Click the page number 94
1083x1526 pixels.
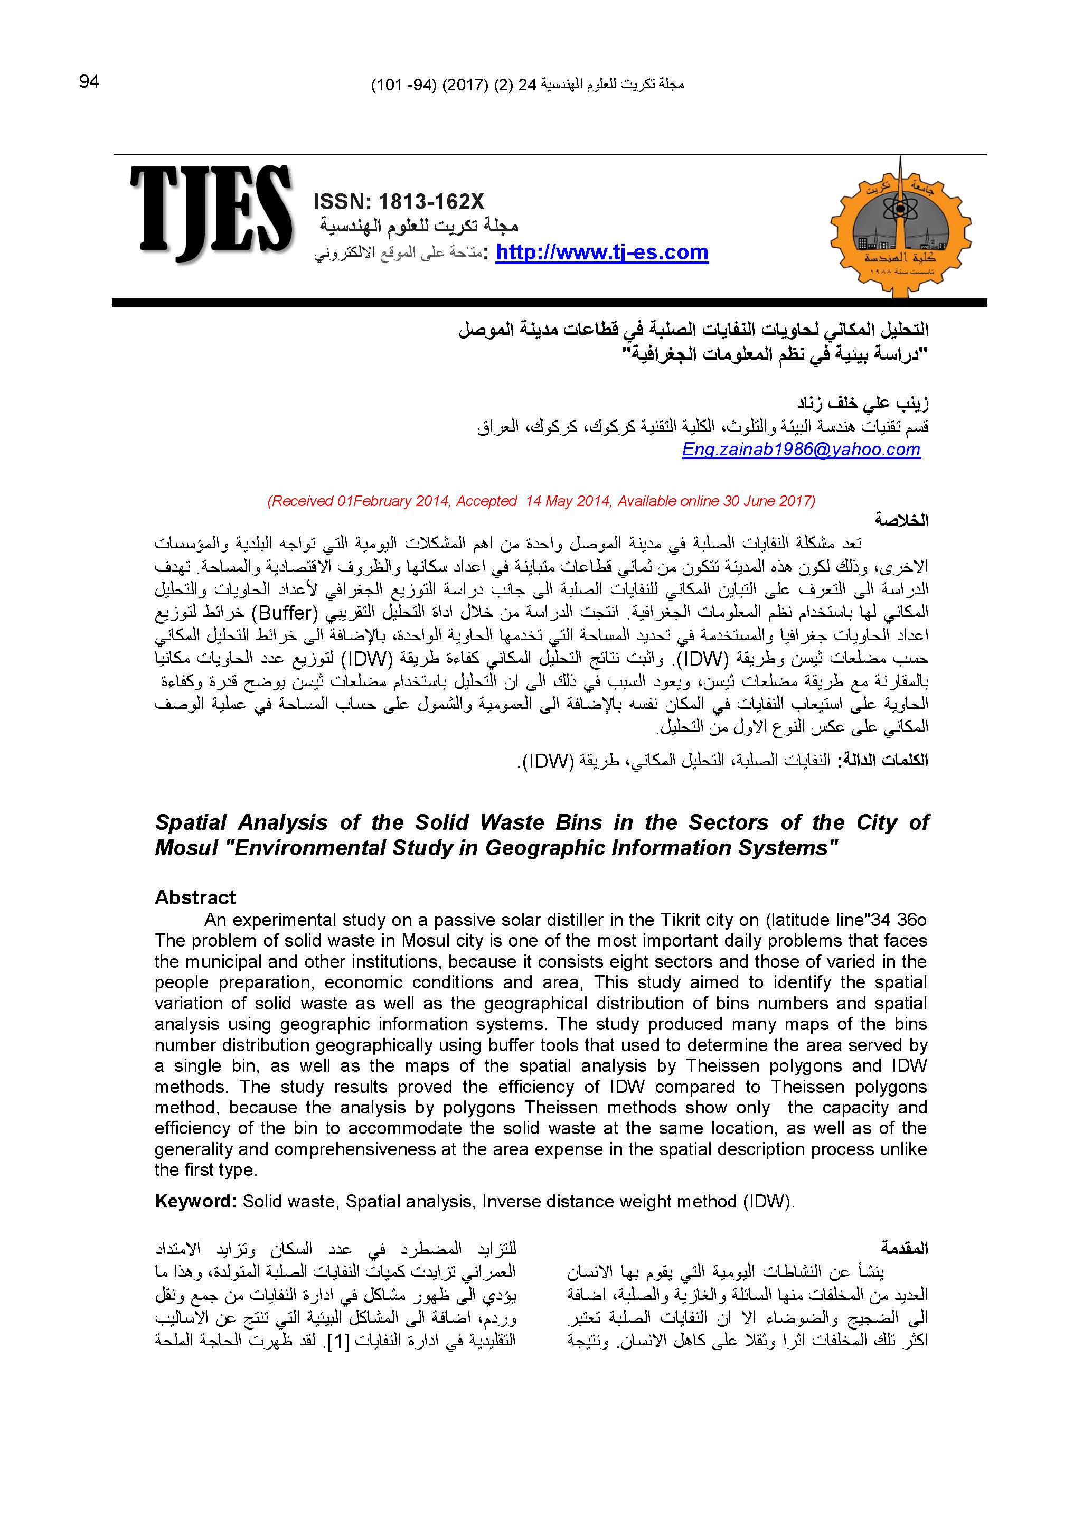coord(89,81)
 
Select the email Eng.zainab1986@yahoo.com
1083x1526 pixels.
coord(801,450)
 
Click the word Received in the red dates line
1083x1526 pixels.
coord(302,501)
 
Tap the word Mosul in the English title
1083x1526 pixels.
coord(177,848)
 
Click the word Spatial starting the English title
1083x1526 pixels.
coord(191,822)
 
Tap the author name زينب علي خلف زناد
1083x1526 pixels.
coord(863,404)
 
